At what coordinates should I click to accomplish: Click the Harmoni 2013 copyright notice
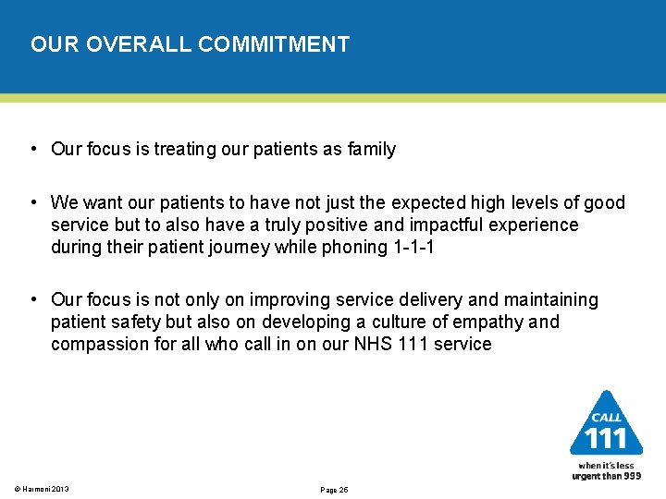tap(42, 489)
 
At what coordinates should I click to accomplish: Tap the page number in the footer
tap(333, 489)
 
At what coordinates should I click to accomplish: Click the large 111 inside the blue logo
tap(606, 437)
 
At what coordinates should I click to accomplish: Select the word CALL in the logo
tap(606, 417)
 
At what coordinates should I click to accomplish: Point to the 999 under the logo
tap(630, 475)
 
